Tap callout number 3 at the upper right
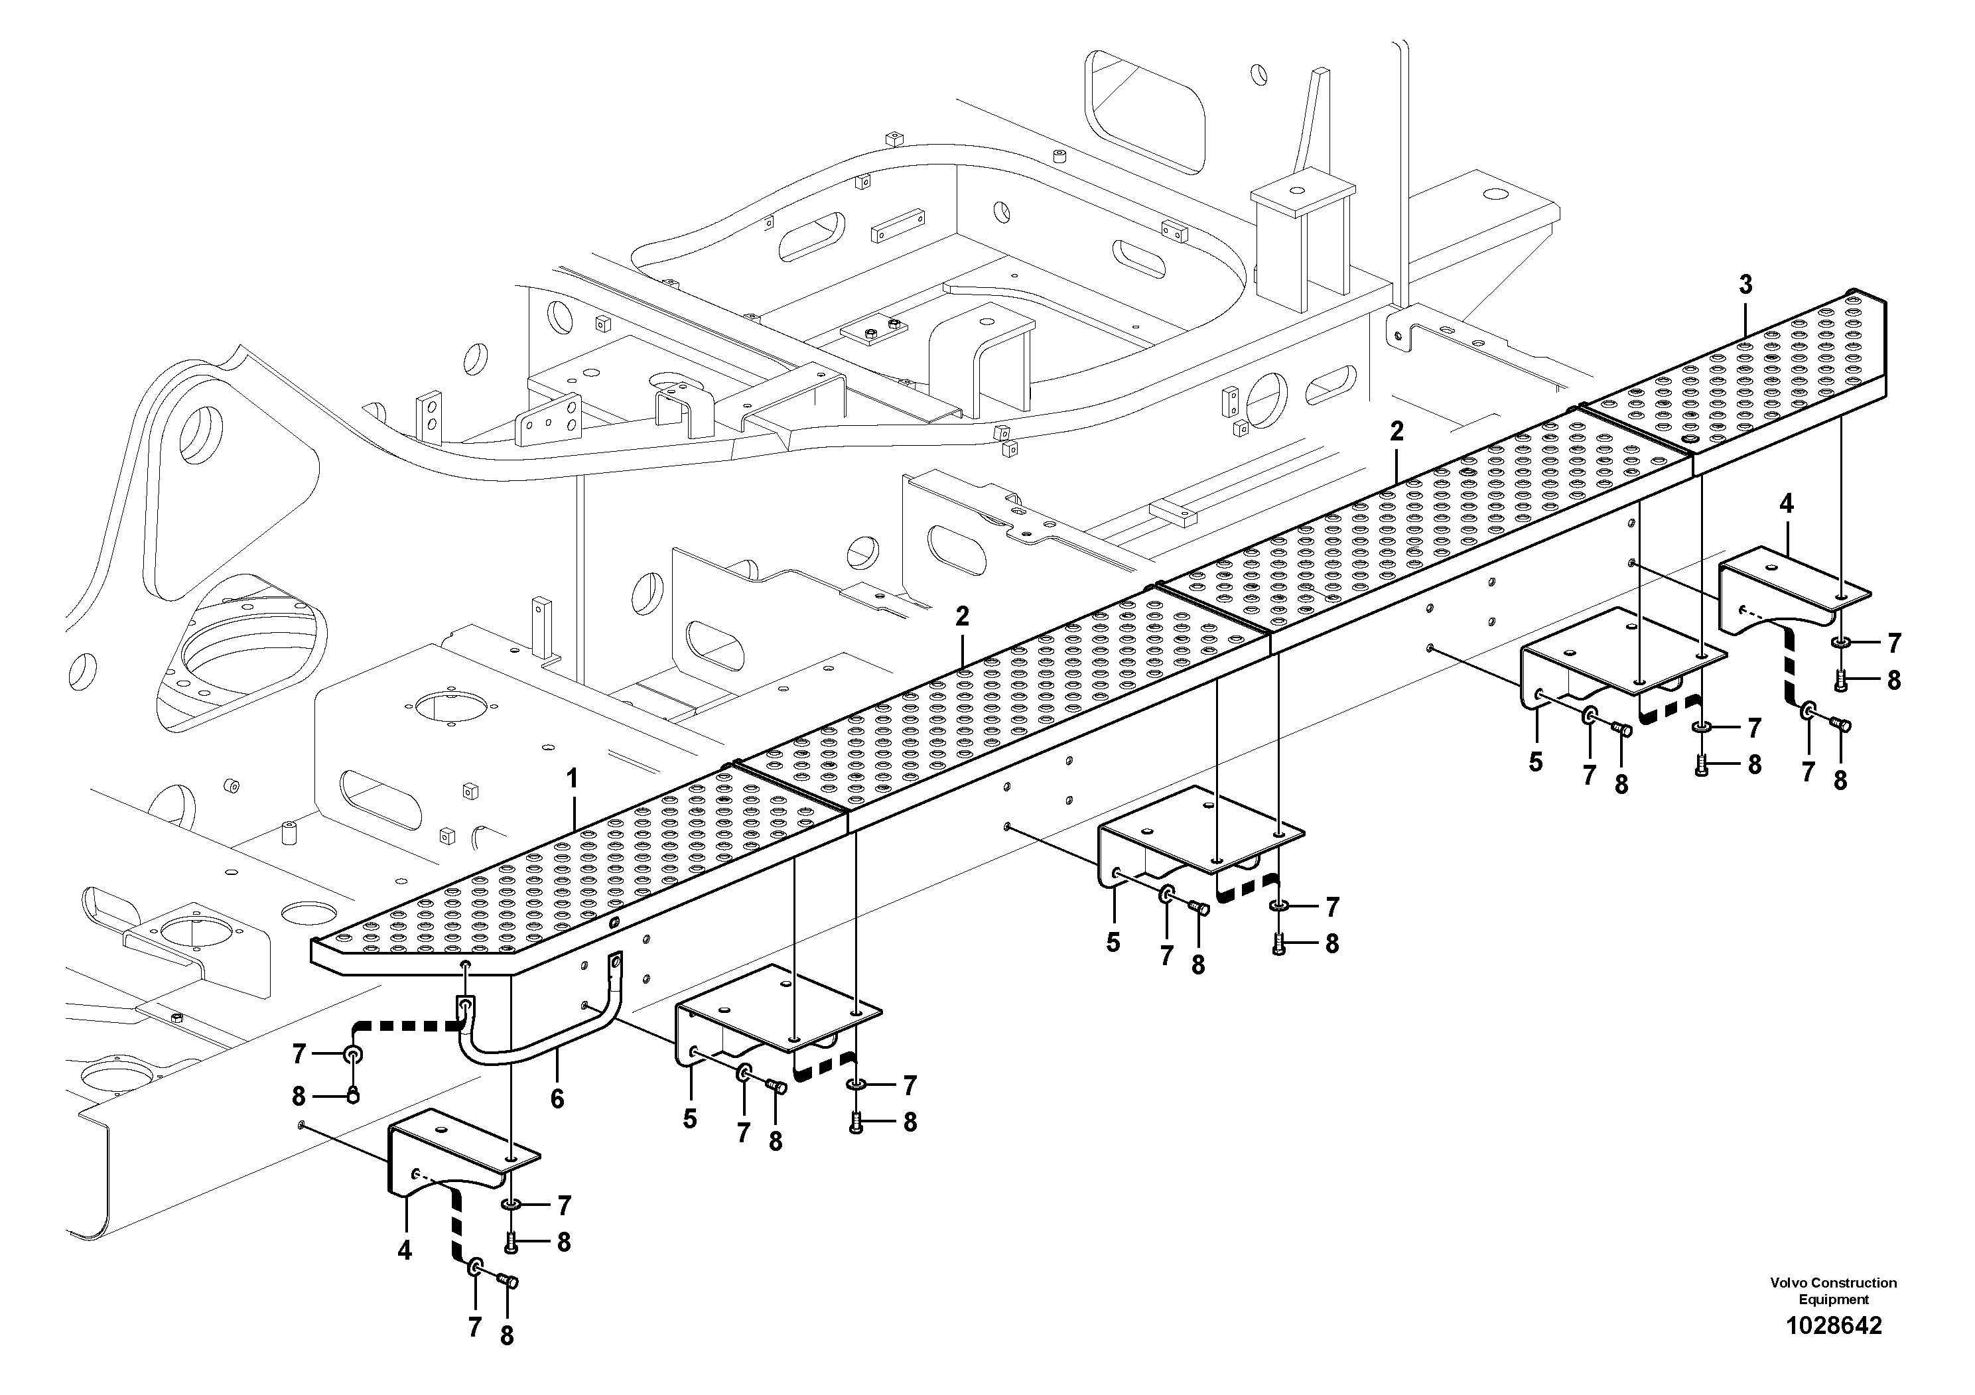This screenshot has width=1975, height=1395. coord(1745,285)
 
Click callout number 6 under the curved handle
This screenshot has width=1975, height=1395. coord(557,1098)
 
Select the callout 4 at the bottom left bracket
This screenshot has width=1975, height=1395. coord(404,1250)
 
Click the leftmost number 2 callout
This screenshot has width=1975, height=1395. coord(962,615)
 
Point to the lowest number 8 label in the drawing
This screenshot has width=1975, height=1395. coord(507,1336)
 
